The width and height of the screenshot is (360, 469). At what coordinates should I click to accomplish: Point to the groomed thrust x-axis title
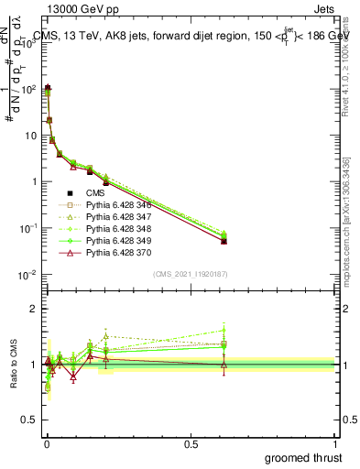(x=304, y=457)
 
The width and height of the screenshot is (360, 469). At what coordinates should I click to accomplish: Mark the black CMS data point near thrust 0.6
(x=224, y=241)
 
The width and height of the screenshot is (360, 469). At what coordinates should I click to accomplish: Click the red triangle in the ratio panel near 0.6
(x=224, y=365)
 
